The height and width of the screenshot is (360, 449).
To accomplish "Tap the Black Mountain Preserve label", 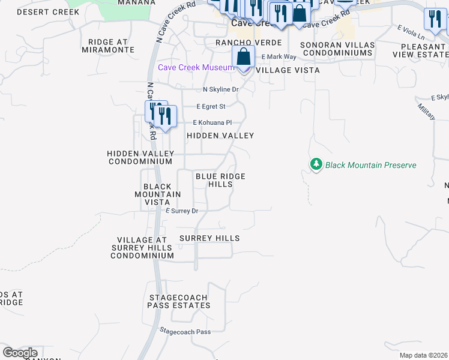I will (x=370, y=165).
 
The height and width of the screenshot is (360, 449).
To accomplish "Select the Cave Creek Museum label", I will (x=195, y=67).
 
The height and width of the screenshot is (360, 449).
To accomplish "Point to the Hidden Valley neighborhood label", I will (x=220, y=136).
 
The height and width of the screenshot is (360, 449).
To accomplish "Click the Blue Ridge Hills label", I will (x=220, y=180).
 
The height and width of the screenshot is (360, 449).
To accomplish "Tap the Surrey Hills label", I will (x=209, y=238).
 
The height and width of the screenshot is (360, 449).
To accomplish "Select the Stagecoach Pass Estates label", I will (x=179, y=301).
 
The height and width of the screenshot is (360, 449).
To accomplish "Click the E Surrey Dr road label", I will (x=181, y=211).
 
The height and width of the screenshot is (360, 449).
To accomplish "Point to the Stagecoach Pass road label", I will (x=185, y=331).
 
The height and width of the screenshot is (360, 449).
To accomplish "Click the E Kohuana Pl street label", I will (x=212, y=122).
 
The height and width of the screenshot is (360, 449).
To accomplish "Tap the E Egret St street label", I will (x=211, y=107).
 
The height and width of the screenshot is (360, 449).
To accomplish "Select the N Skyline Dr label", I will (x=220, y=89).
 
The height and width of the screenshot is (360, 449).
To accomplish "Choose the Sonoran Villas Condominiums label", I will (x=337, y=49).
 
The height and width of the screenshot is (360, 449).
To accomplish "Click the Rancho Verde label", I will (x=249, y=43).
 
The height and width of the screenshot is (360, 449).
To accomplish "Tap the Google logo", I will (x=20, y=353).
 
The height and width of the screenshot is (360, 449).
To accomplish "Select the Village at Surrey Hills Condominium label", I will (x=142, y=247).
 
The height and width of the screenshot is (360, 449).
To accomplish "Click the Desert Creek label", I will (x=48, y=12).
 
